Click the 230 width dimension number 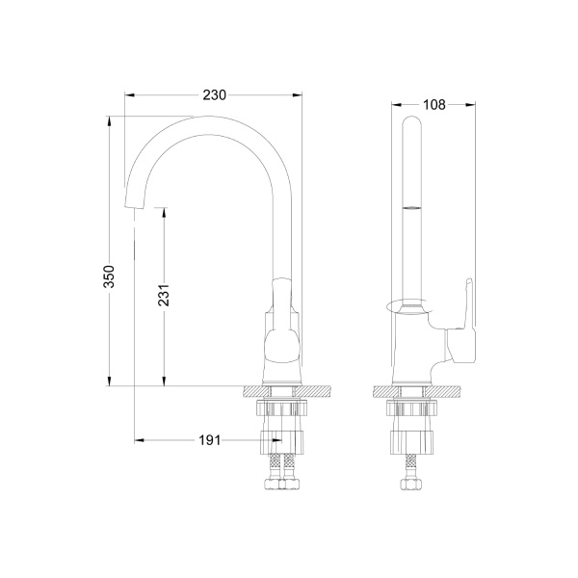(214, 95)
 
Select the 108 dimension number (434, 105)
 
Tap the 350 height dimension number (109, 276)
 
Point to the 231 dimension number (164, 295)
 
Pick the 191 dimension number (209, 440)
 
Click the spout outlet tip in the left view (134, 206)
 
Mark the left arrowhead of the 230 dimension (129, 95)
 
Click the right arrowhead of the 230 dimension (297, 95)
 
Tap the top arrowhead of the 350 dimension (109, 121)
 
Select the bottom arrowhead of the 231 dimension (164, 381)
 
